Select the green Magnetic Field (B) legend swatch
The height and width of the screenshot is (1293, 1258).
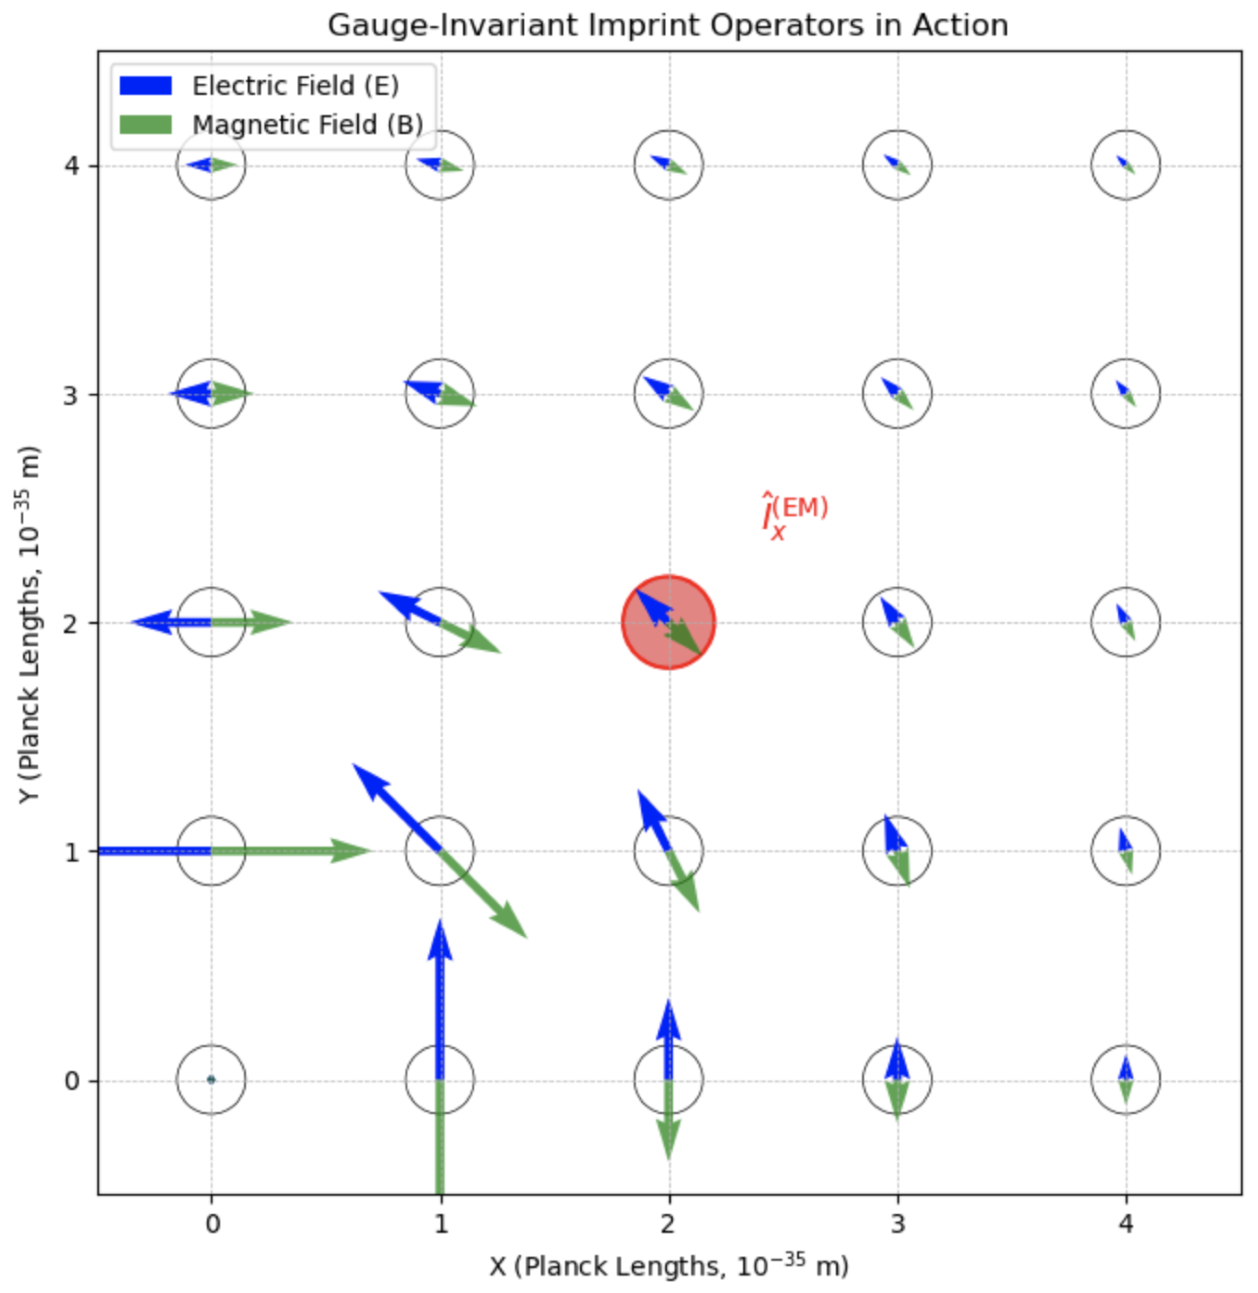coord(145,125)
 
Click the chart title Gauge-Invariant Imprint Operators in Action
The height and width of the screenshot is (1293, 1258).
coord(668,26)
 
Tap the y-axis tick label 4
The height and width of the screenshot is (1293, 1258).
coord(71,165)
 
